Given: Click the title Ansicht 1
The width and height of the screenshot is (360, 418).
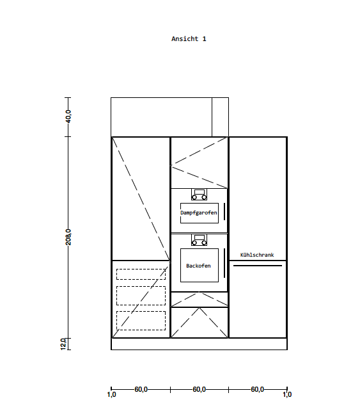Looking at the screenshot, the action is [x=189, y=39].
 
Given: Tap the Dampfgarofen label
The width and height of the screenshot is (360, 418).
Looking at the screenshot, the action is [x=199, y=213].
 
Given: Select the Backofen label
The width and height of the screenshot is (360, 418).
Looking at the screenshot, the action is [x=198, y=266].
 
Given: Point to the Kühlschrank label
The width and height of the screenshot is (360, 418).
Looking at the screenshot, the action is [x=257, y=255].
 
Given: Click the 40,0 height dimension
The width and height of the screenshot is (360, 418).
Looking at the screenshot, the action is [x=68, y=117].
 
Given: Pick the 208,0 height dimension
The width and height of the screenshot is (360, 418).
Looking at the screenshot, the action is [x=68, y=237].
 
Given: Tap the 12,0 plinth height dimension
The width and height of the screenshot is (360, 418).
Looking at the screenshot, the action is [x=63, y=344].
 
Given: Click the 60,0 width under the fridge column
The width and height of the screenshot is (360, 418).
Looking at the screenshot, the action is [x=257, y=389].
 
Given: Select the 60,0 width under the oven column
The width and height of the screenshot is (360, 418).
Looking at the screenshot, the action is [x=199, y=389].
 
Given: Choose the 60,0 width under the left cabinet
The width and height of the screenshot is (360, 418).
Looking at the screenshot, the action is [x=141, y=389].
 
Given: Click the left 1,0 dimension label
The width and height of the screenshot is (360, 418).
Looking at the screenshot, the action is [x=111, y=394].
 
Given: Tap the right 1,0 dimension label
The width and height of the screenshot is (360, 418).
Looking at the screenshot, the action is [x=287, y=394].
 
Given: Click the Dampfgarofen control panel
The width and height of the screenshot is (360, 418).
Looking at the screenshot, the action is [x=199, y=195].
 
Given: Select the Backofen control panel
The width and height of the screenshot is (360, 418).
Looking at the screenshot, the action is [x=199, y=240].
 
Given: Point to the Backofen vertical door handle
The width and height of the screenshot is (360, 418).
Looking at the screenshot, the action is [x=224, y=263].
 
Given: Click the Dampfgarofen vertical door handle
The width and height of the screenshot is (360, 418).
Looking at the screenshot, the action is [x=224, y=212].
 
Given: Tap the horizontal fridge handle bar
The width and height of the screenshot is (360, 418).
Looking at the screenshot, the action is [x=258, y=266].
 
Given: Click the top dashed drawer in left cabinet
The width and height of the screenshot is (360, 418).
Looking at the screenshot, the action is [x=141, y=275].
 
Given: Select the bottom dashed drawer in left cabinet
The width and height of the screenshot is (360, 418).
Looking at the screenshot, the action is [x=141, y=321].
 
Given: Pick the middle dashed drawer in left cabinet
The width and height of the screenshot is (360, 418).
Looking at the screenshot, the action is [x=141, y=296].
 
